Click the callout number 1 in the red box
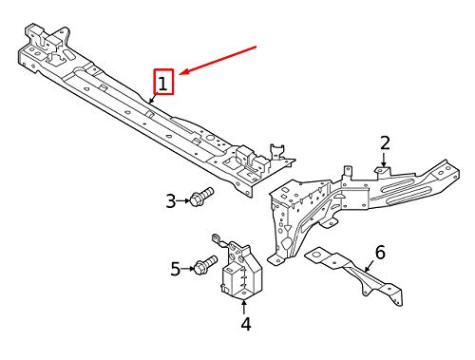point(162,85)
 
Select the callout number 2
point(385,143)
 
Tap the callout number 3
point(171,201)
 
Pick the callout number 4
point(246,324)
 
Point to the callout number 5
point(176,269)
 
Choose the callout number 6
point(380,253)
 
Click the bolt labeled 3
point(201,197)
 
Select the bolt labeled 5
point(205,265)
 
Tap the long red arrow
point(218,61)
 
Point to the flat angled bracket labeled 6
point(354,275)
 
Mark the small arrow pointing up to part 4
point(243,307)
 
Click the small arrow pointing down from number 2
point(384,160)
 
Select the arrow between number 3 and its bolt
point(183,200)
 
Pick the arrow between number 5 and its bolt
point(188,269)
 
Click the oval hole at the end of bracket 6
point(314,255)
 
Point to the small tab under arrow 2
point(383,171)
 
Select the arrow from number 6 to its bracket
point(370,266)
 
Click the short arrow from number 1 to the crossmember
point(153,98)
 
